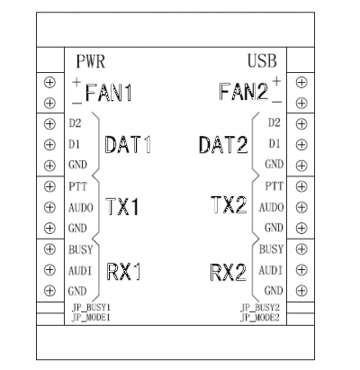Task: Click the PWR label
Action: click(90, 61)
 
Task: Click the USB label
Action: click(262, 60)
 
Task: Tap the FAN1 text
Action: click(109, 93)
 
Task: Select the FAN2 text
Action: click(243, 92)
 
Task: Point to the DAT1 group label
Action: click(128, 145)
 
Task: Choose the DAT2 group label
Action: click(223, 145)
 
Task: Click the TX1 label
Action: click(123, 207)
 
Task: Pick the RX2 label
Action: click(228, 272)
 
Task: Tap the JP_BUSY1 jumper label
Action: click(91, 308)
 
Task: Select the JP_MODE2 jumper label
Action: click(260, 318)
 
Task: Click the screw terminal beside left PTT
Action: click(49, 186)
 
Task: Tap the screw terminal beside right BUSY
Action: click(301, 248)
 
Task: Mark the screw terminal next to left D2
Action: click(49, 123)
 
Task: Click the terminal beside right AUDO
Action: click(301, 207)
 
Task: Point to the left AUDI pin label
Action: click(80, 271)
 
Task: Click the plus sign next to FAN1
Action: click(76, 81)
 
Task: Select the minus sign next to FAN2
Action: click(277, 102)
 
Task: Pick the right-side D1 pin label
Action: click(274, 144)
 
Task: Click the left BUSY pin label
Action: click(81, 249)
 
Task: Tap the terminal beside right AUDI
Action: click(301, 270)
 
